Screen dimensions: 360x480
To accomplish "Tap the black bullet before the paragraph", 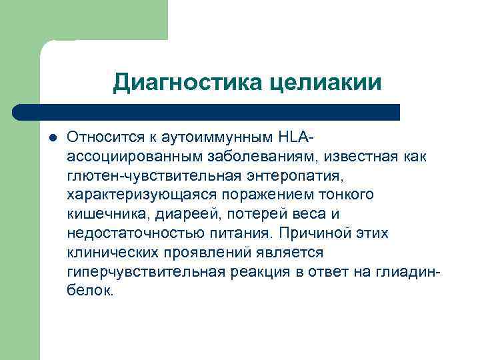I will (53, 137).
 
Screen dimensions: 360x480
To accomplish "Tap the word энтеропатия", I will (284, 176).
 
